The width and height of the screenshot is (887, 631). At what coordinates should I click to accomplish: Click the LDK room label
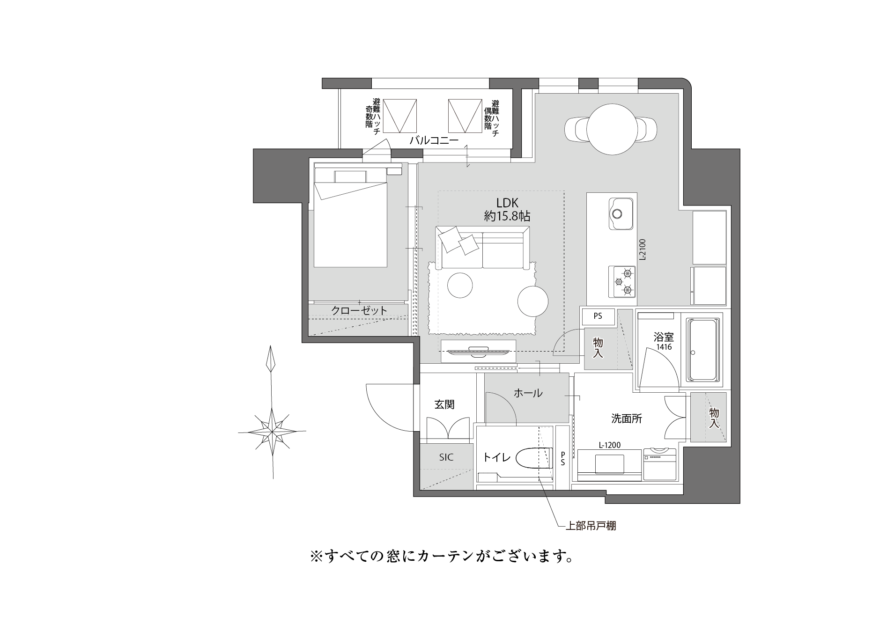tap(507, 203)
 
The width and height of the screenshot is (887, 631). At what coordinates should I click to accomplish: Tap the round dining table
tap(611, 128)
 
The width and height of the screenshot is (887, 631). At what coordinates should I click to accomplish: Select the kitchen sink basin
tap(621, 214)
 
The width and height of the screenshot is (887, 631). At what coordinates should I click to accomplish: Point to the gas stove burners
tap(622, 282)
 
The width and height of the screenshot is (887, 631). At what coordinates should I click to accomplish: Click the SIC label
tap(446, 457)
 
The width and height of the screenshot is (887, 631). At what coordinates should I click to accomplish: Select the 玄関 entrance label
tap(444, 404)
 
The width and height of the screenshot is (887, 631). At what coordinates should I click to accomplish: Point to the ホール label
tap(528, 393)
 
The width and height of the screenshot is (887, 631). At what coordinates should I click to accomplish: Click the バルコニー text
tap(434, 140)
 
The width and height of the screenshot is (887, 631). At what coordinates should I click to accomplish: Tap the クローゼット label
tap(360, 310)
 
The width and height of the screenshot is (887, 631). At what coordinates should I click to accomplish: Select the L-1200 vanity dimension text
tap(609, 445)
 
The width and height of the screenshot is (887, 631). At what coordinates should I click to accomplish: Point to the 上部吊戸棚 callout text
tap(591, 526)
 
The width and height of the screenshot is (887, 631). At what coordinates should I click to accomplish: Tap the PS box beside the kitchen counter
tap(598, 316)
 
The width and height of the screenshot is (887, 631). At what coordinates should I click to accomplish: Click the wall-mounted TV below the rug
tap(478, 352)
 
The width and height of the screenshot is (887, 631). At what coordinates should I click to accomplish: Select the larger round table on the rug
tap(533, 301)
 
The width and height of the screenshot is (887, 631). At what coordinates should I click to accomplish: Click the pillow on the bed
tap(350, 176)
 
